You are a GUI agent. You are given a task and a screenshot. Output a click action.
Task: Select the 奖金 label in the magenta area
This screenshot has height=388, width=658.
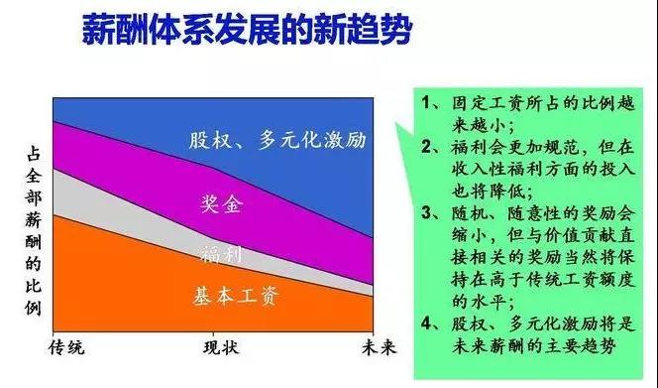coord(219,204)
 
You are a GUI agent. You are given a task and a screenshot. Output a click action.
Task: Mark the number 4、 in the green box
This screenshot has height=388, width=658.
coord(431,322)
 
